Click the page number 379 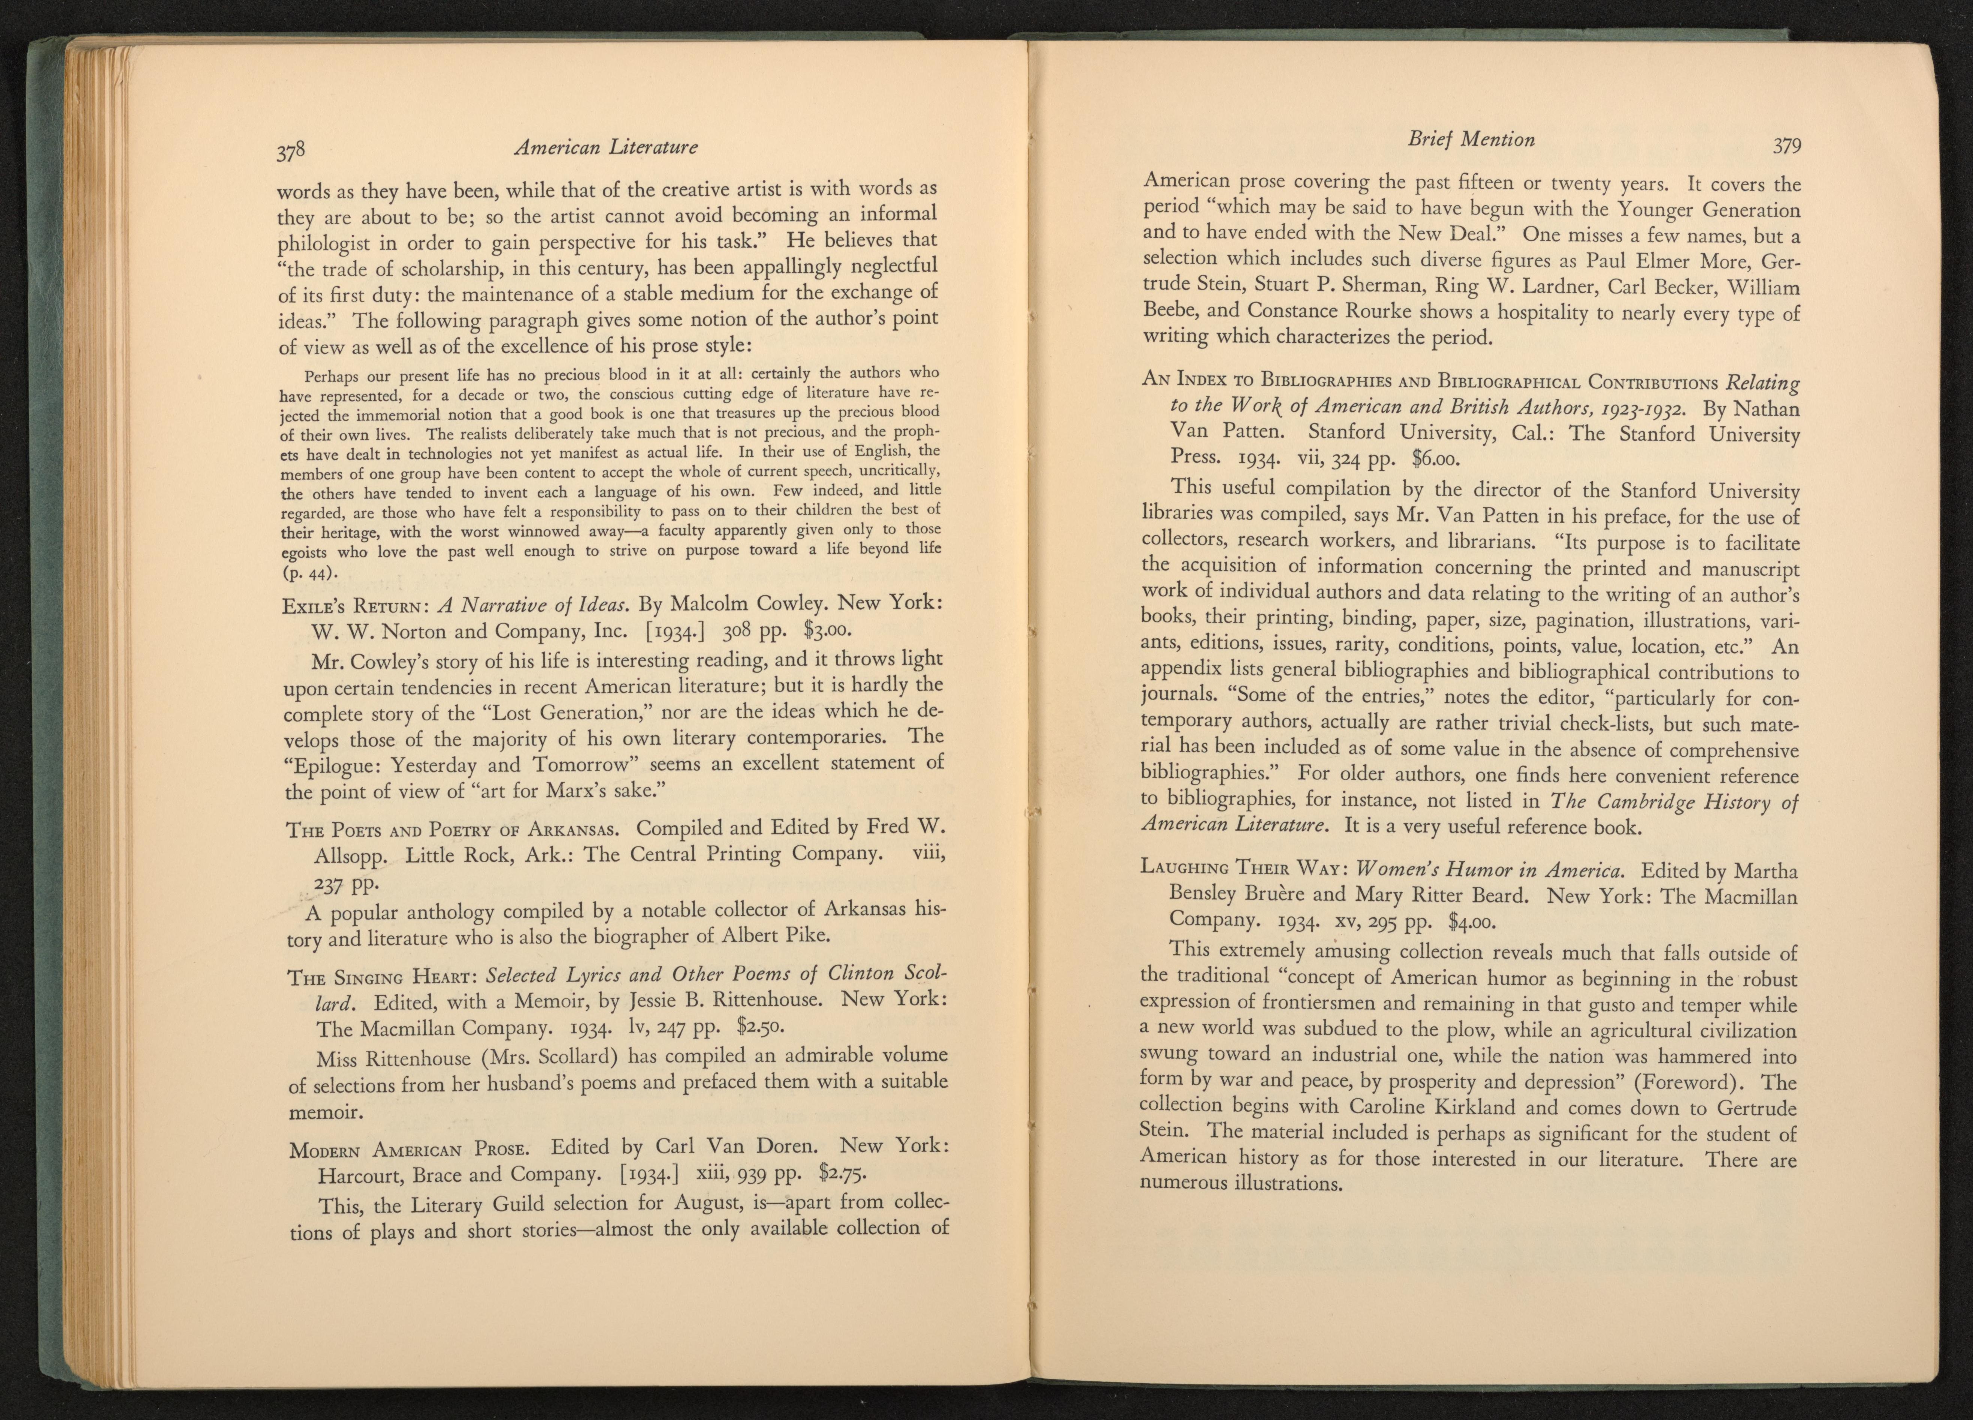(1787, 145)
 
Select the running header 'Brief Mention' (1470, 139)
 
